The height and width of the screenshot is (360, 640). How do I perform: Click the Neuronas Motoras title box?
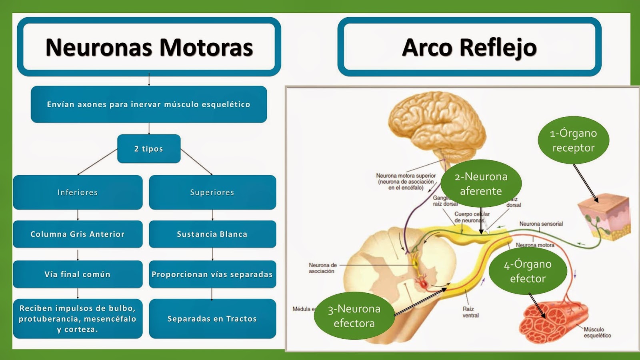[149, 47]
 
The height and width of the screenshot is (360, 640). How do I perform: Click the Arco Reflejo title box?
[469, 47]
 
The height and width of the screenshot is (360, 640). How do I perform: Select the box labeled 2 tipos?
[149, 149]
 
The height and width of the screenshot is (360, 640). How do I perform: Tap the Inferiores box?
[78, 192]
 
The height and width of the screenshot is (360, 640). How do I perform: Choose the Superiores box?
[212, 192]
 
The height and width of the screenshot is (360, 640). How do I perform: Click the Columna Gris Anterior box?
[78, 234]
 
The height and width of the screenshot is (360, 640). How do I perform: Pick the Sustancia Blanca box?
[212, 234]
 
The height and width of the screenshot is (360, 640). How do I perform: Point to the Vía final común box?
[78, 274]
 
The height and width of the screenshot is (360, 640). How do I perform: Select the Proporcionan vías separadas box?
[212, 274]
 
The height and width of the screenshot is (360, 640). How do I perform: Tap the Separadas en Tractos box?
[212, 319]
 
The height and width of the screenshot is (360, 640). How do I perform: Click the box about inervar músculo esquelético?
[149, 104]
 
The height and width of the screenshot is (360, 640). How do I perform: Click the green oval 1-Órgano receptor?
[573, 140]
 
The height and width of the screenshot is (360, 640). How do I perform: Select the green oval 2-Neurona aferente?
[481, 184]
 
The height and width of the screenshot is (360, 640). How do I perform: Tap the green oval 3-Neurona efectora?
[354, 316]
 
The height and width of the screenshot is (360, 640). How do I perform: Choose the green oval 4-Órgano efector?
[528, 271]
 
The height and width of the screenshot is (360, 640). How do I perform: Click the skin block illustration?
[604, 216]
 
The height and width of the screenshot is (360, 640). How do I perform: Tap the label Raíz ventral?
[470, 312]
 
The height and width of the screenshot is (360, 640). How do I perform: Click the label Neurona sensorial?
[541, 224]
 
